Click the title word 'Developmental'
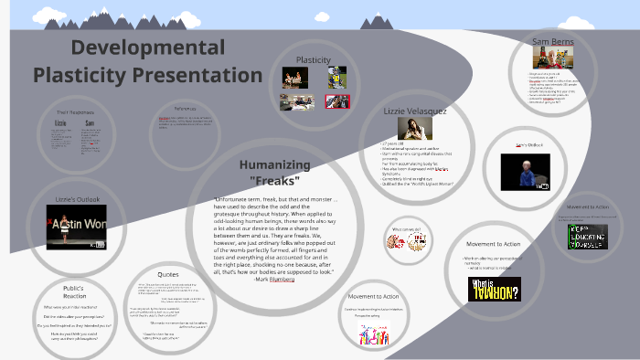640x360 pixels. click(147, 47)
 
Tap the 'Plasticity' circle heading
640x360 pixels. click(313, 60)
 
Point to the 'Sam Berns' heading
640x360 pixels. click(552, 41)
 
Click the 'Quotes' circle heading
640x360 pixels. click(168, 274)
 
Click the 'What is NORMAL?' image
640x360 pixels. click(494, 289)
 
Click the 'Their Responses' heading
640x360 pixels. click(75, 111)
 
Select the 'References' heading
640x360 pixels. click(186, 109)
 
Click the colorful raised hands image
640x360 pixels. click(373, 334)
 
